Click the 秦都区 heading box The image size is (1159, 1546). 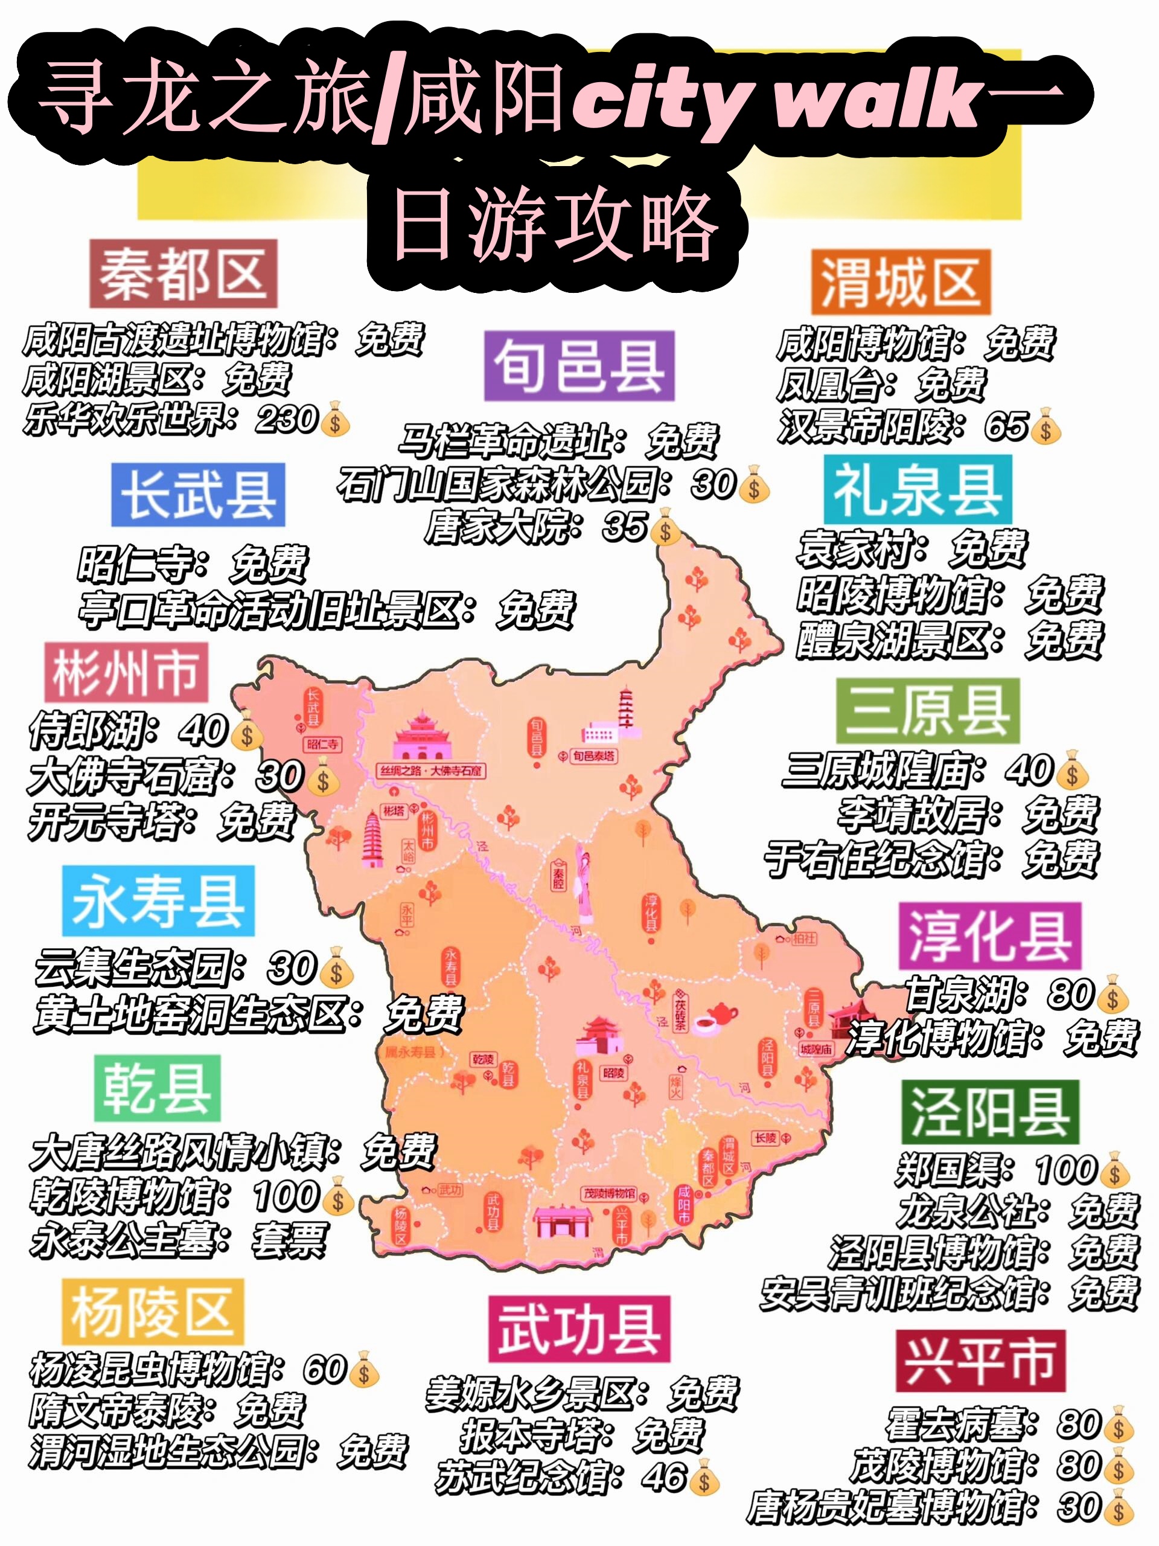(x=183, y=274)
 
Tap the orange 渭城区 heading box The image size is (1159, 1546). (x=901, y=281)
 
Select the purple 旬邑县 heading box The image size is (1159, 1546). (x=579, y=366)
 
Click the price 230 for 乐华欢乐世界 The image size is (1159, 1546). (x=287, y=419)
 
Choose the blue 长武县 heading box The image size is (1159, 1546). (x=199, y=495)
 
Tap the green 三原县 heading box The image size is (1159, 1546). (x=928, y=711)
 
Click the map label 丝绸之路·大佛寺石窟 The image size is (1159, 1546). (x=431, y=771)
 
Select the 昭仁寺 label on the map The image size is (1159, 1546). (x=322, y=745)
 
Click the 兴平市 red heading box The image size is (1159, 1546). (x=980, y=1361)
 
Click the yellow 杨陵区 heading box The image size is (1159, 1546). (x=152, y=1312)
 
